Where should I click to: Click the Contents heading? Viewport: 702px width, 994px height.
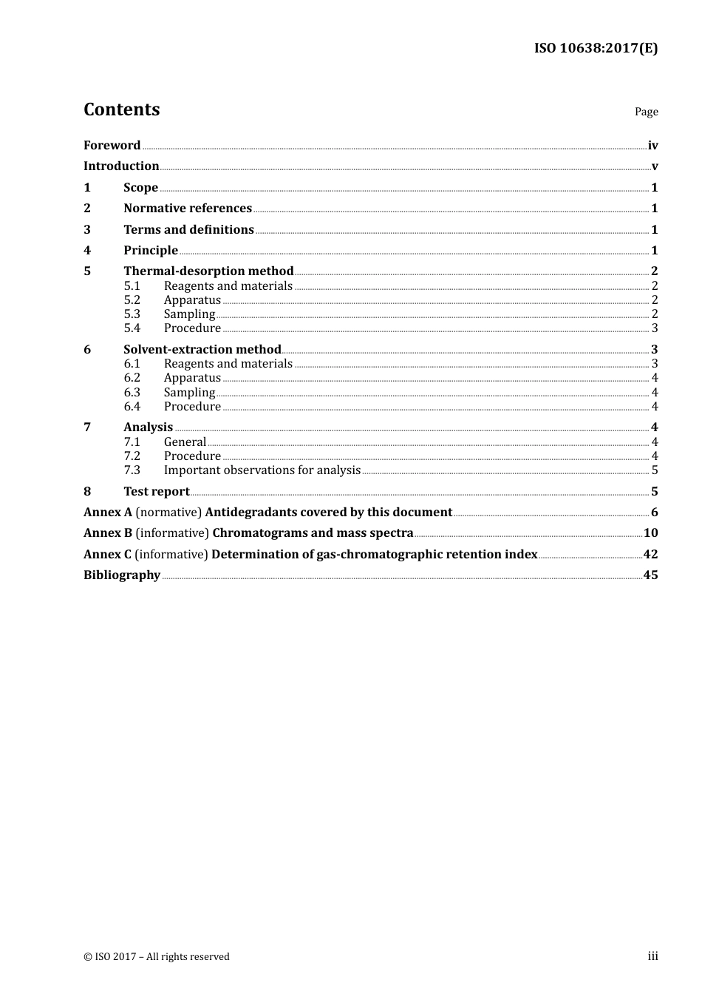121,109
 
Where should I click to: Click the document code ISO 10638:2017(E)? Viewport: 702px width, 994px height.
596,49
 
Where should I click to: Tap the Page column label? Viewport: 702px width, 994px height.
646,112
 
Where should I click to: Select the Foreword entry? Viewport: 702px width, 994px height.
112,146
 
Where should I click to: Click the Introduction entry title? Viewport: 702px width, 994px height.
121,166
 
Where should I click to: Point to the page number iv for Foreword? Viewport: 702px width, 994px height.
652,146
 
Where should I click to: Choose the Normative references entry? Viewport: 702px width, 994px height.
188,209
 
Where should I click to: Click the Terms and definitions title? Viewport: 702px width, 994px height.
188,230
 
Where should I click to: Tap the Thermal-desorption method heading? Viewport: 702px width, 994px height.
208,271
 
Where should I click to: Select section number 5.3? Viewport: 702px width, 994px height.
132,314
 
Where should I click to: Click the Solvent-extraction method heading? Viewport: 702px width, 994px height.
202,350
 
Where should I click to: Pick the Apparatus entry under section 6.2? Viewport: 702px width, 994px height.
192,378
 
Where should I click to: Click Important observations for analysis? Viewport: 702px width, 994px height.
262,470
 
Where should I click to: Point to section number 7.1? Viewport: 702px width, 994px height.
132,442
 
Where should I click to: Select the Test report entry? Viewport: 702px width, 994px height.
157,492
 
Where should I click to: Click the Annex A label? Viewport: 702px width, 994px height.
108,513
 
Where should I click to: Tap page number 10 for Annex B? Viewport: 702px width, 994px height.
650,533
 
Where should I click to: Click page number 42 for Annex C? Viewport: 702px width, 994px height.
650,555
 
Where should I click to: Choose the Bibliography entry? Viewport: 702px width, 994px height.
122,575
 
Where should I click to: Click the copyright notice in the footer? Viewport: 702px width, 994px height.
157,957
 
